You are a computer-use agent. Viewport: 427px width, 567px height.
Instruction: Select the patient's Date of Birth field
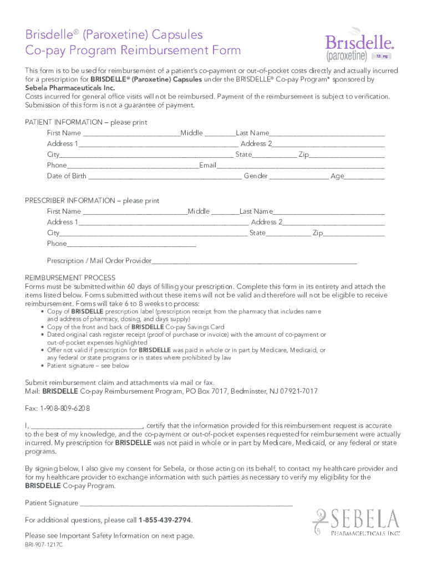pos(165,177)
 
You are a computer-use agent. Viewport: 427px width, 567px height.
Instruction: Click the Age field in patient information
pos(365,177)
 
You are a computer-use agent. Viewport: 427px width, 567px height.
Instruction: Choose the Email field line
pos(300,166)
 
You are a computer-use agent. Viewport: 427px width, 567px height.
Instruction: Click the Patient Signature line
pos(186,503)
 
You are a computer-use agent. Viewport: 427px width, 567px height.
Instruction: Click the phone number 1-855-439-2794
pos(165,520)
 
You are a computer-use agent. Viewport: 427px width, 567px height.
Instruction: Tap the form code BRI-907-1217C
pos(44,545)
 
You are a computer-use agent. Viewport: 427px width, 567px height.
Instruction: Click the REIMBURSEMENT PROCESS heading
pos(70,278)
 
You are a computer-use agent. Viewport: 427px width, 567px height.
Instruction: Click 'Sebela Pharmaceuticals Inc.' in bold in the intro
pos(62,87)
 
